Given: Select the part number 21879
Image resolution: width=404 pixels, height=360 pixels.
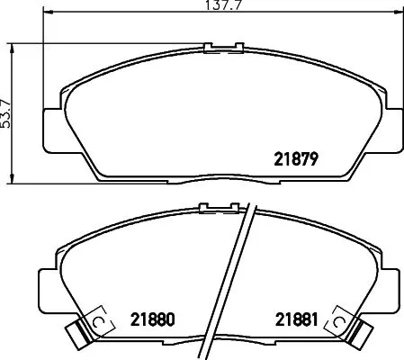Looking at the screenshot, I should (x=297, y=160).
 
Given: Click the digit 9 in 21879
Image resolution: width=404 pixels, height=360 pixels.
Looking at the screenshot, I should (x=317, y=160).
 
